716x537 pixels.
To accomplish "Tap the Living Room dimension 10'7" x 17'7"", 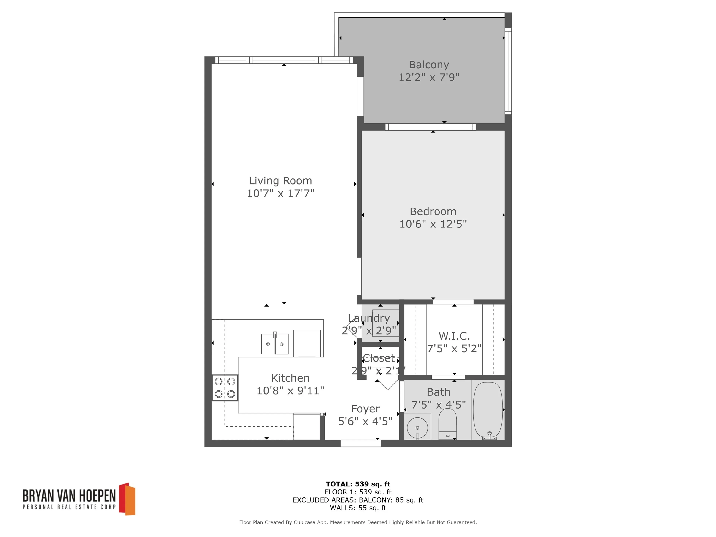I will click(x=280, y=193).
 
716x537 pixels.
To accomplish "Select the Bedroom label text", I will click(x=433, y=211).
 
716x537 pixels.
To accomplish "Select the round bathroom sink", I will click(x=417, y=427).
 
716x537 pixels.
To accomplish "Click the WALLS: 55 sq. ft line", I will click(x=358, y=508).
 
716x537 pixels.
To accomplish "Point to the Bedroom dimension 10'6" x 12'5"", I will click(x=433, y=224).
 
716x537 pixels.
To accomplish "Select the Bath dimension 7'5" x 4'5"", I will click(x=438, y=405).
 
